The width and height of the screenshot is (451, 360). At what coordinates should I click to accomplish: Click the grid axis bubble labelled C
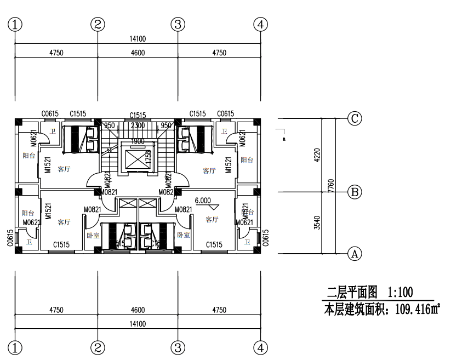point(355,118)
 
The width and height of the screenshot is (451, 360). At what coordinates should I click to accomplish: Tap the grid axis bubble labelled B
point(355,192)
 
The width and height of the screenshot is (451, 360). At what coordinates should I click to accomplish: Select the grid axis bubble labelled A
point(355,254)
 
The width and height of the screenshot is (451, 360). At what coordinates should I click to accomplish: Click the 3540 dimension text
point(316,223)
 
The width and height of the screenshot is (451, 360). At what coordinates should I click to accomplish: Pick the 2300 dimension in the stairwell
point(138,125)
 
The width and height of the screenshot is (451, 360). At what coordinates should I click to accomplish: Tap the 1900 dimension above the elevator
point(138,141)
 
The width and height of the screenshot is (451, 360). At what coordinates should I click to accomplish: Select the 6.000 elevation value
point(203,201)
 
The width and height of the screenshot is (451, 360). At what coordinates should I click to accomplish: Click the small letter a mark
point(284,139)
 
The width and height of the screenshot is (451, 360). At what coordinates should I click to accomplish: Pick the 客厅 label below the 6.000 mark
point(212,220)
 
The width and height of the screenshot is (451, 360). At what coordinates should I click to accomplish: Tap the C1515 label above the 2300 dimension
point(138,115)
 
